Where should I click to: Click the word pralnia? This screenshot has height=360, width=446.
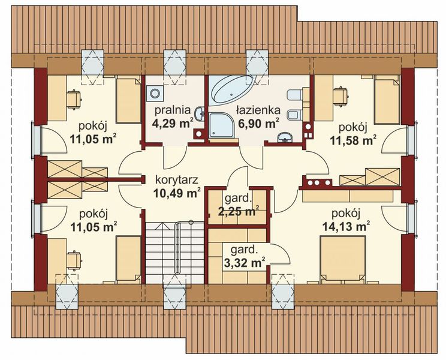173,110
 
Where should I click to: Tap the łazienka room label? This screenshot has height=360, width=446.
258,110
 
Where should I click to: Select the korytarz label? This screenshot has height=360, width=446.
177,179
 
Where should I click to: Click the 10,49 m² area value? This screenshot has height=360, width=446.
177,193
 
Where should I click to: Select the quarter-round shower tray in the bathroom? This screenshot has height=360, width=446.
221,125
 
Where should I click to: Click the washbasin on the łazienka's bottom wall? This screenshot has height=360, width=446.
285,137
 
